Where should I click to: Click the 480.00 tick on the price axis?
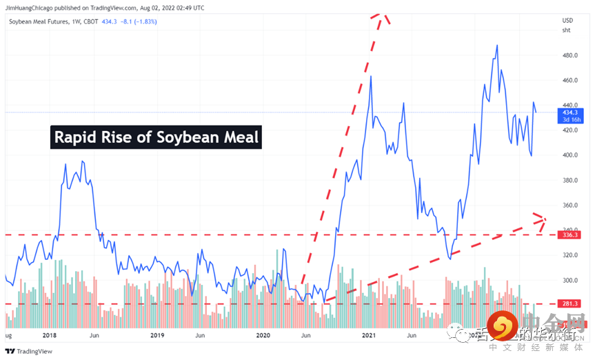point(569,55)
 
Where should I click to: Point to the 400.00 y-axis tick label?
point(569,155)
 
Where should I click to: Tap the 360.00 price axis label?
point(569,206)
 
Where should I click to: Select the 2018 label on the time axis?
point(49,336)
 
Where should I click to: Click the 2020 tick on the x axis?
point(262,336)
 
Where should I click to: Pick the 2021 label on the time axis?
point(369,336)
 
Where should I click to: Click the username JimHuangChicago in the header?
point(31,8)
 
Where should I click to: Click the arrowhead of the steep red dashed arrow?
point(382,17)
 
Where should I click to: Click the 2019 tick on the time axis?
point(157,336)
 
